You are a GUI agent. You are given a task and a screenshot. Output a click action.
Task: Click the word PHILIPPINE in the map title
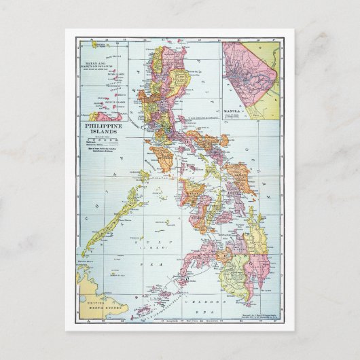pos(105,127)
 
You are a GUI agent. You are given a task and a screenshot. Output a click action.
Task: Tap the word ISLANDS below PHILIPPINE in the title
pos(105,134)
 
